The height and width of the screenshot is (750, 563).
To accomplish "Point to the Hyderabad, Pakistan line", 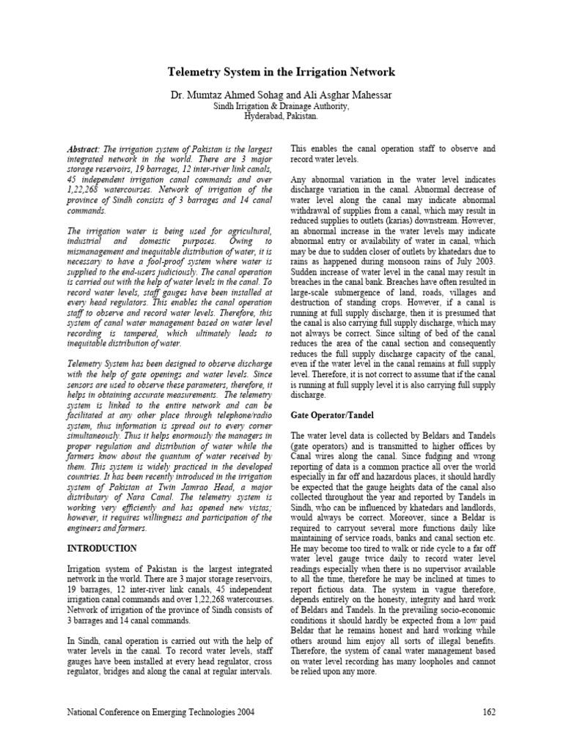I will (x=281, y=116).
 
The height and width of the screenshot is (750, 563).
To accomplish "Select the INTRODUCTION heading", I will (x=102, y=548).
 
